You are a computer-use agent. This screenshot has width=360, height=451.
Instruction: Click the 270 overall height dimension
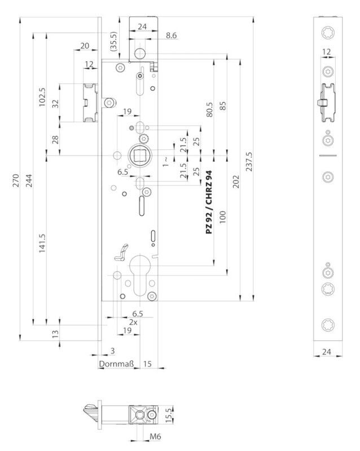(17, 180)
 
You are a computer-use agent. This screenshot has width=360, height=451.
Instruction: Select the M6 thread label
(144, 436)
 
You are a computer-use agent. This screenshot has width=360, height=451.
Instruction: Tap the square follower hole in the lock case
(138, 154)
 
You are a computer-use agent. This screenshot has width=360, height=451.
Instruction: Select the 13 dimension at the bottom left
(55, 334)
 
